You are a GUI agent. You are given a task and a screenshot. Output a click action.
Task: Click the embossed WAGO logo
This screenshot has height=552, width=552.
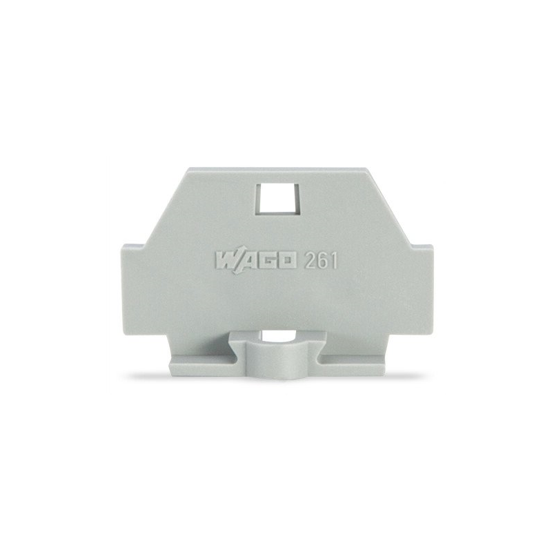click(x=256, y=262)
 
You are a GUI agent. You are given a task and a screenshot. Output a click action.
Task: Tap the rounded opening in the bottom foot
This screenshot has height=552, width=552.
click(x=276, y=337)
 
